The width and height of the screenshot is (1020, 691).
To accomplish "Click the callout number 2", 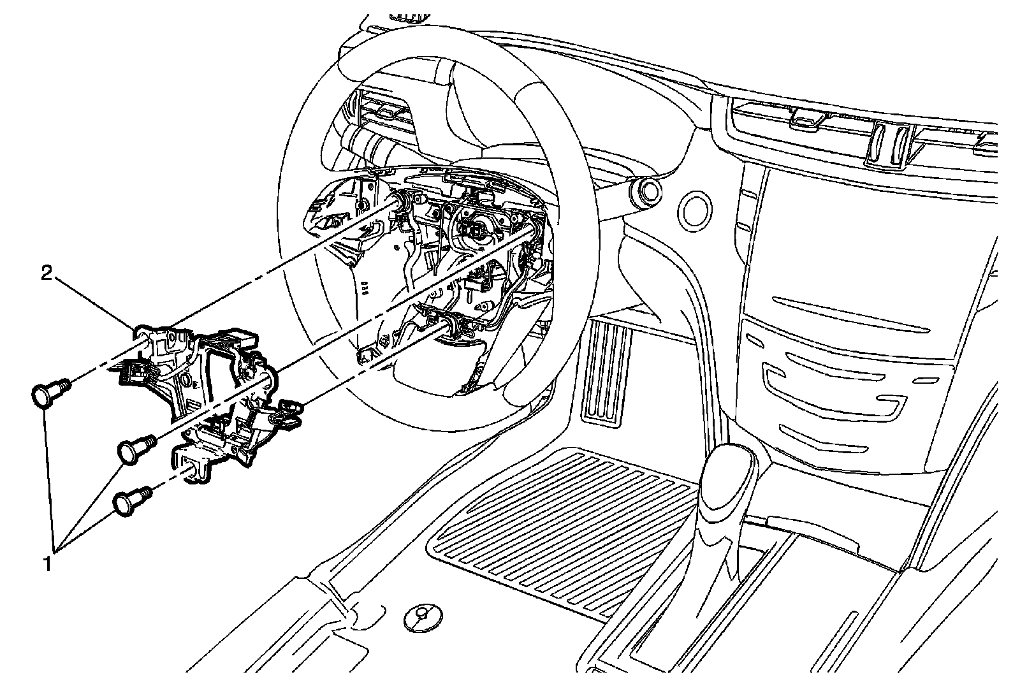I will (x=46, y=273).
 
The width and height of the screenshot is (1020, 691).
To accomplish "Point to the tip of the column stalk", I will (x=650, y=192).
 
